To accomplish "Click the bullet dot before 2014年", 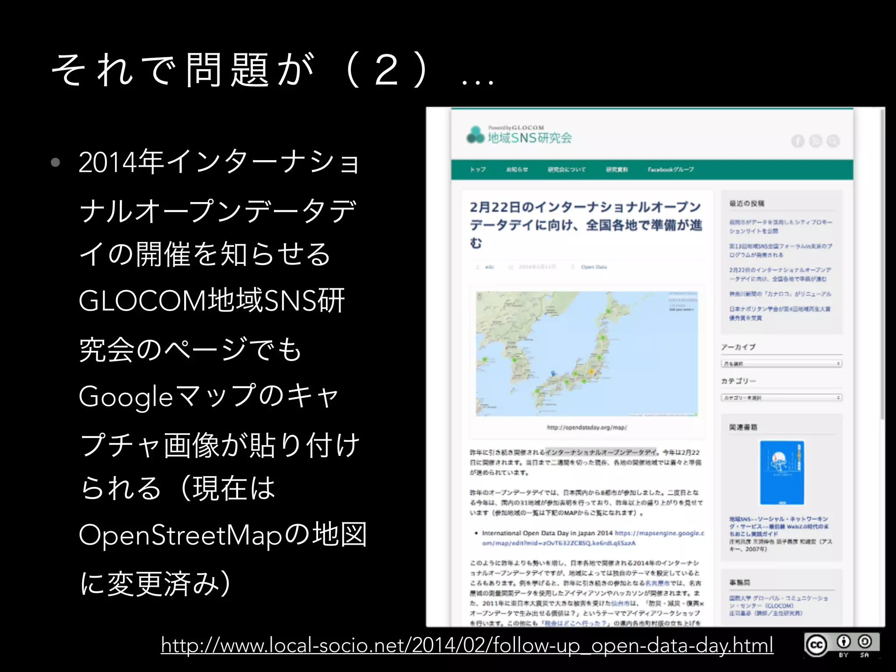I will click(x=55, y=163).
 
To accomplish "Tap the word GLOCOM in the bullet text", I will click(x=143, y=301).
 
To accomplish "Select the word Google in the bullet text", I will click(x=126, y=396).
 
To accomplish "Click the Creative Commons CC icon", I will click(x=816, y=645).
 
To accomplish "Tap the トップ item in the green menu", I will click(x=478, y=169).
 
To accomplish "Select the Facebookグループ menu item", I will click(x=671, y=169).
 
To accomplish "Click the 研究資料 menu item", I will click(x=617, y=169).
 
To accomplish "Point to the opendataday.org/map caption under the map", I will click(x=587, y=427).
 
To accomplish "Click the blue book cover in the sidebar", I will click(x=782, y=472).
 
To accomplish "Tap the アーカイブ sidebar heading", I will click(x=738, y=347).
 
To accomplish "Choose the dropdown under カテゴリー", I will click(x=781, y=398).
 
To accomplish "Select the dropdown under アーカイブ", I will click(x=781, y=364).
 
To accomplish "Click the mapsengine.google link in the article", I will click(x=593, y=538).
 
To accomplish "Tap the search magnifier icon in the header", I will click(x=833, y=141).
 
